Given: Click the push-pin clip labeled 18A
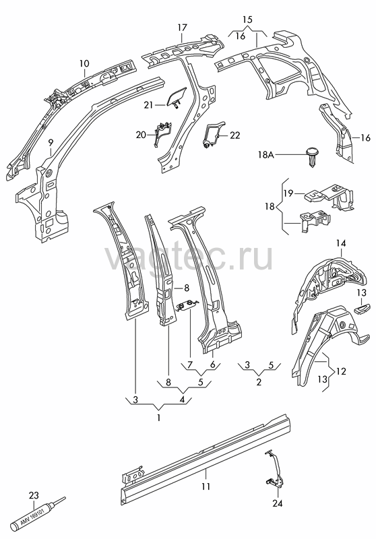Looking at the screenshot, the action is pyautogui.click(x=312, y=158).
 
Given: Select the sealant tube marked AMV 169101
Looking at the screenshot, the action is pyautogui.click(x=38, y=514).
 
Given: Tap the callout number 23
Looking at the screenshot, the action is pyautogui.click(x=34, y=495).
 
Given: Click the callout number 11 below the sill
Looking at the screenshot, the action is pyautogui.click(x=206, y=486).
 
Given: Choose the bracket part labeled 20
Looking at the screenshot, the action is pyautogui.click(x=163, y=133).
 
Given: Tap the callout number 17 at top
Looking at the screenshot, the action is pyautogui.click(x=182, y=28).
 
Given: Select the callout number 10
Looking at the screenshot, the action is pyautogui.click(x=84, y=63).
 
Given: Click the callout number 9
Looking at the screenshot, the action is pyautogui.click(x=51, y=142).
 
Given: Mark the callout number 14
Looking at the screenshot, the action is pyautogui.click(x=341, y=243).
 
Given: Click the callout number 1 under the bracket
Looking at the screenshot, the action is pyautogui.click(x=158, y=418).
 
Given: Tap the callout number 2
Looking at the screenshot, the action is pyautogui.click(x=259, y=382).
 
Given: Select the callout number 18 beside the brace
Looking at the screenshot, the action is pyautogui.click(x=270, y=207).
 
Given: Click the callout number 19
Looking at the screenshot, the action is pyautogui.click(x=288, y=193).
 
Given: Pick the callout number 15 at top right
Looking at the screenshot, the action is pyautogui.click(x=247, y=20).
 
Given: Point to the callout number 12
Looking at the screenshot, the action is pyautogui.click(x=341, y=372).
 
